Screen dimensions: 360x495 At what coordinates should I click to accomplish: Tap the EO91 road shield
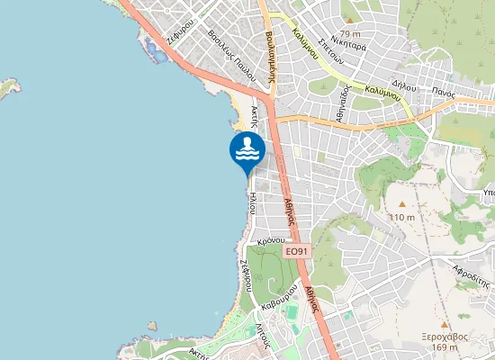(295, 252)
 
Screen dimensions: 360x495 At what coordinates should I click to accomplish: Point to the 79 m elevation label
(350, 33)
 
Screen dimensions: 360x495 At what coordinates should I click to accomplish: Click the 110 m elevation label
(402, 217)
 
